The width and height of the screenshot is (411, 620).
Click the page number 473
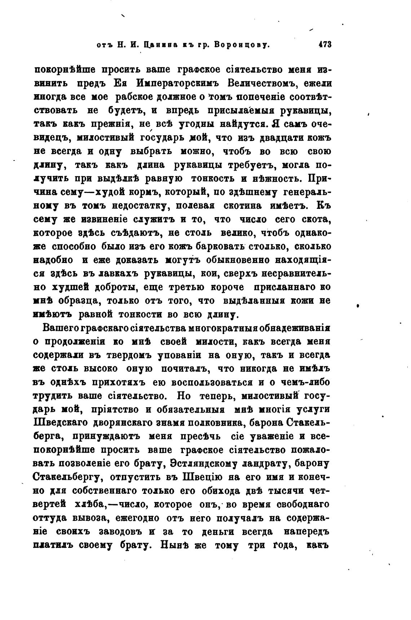tap(324, 45)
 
